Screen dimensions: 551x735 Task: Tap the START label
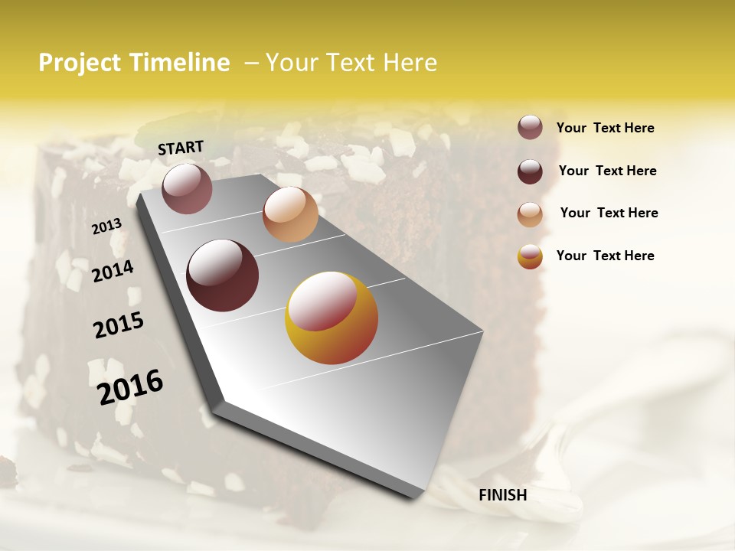[x=181, y=148]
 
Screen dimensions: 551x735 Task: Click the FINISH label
[x=502, y=495]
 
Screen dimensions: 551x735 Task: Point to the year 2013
[x=107, y=226]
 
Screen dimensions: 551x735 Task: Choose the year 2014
[x=113, y=271]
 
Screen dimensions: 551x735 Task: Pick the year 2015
[x=119, y=325]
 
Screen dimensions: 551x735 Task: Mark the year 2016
[x=130, y=386]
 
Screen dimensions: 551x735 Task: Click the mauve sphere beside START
[x=187, y=188]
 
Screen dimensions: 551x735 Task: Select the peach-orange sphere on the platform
[x=290, y=214]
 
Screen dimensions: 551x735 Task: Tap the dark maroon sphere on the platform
[x=222, y=275]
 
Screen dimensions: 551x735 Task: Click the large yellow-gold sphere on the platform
[x=332, y=318]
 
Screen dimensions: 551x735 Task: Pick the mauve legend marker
[x=530, y=127]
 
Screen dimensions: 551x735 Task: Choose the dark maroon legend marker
[x=530, y=171]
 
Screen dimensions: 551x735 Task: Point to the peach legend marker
[x=530, y=214]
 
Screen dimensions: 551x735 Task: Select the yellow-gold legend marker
[x=530, y=256]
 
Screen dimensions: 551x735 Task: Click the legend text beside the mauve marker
[x=605, y=128]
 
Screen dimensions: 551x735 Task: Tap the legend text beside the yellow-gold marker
[x=605, y=256]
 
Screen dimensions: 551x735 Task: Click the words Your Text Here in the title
[x=351, y=63]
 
